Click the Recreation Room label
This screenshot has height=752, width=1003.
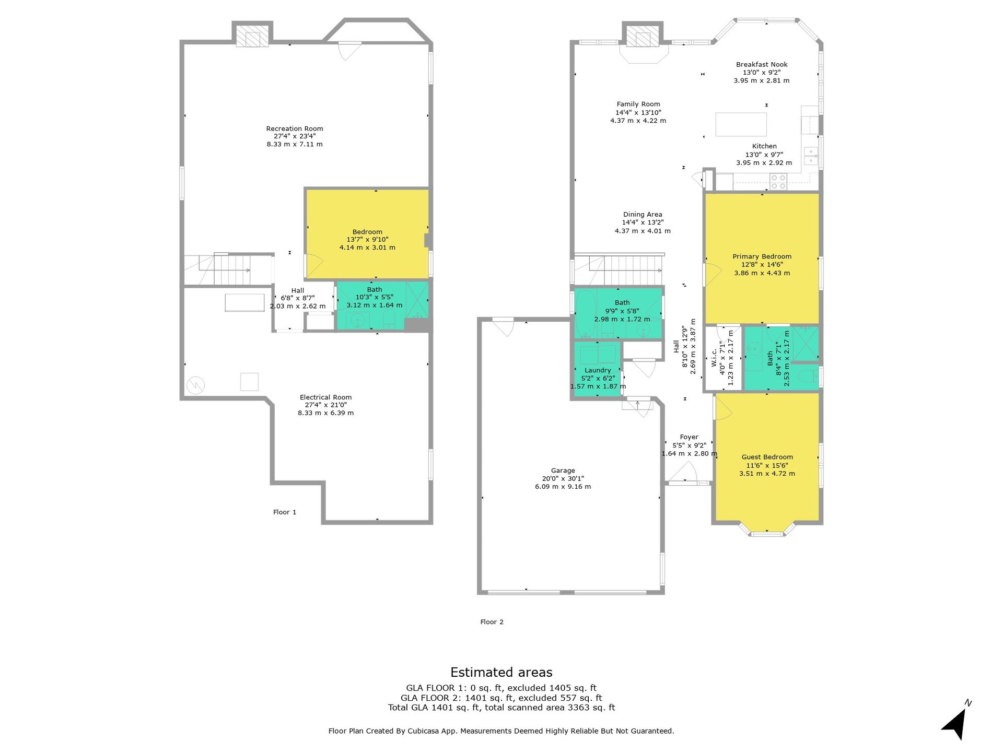coord(295,128)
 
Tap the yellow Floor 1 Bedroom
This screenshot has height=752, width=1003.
coord(367,234)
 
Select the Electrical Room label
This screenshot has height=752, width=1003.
coord(325,397)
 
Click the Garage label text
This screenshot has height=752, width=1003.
coord(563,471)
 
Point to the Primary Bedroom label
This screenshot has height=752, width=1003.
coord(762,256)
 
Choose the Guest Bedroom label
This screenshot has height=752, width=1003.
coord(767,457)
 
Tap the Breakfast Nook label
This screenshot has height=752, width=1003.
coord(762,65)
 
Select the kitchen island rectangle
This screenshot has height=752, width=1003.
coord(741,124)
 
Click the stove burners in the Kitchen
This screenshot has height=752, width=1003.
coord(778,182)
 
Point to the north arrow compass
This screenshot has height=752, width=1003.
coord(955,721)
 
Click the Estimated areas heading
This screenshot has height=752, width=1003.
coord(501,672)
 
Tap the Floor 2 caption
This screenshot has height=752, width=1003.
coord(492,621)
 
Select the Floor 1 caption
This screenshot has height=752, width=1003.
coord(285,512)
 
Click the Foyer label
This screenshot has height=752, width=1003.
coord(689,437)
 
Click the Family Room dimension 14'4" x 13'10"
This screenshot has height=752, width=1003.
coord(638,112)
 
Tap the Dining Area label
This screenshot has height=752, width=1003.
coord(643,214)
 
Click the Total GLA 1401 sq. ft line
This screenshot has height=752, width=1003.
coord(501,708)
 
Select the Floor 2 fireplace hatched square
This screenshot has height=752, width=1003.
coord(642,36)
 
